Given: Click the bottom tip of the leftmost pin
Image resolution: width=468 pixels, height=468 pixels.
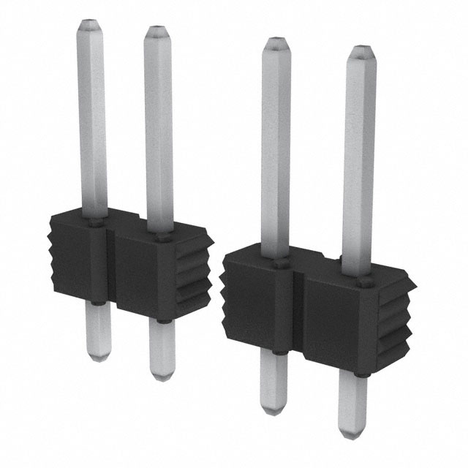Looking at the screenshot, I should click(x=98, y=358).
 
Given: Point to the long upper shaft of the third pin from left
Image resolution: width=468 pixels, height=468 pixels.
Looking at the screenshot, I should click(x=276, y=146).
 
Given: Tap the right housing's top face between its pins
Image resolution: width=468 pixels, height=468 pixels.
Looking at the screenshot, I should click(x=314, y=268).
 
